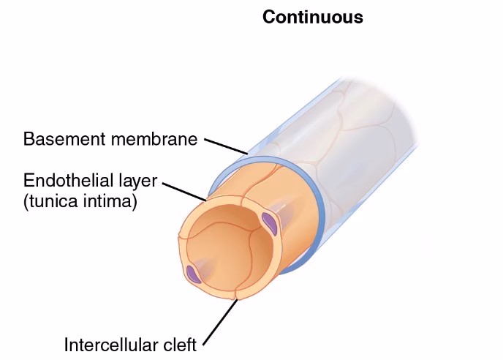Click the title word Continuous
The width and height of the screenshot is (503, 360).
pos(312,17)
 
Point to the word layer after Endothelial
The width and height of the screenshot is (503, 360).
pos(136,181)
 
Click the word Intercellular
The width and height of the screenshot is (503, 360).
pos(109,344)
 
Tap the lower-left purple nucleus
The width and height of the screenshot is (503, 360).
pos(193,274)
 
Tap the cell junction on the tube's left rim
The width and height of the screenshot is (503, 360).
pos(180,240)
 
